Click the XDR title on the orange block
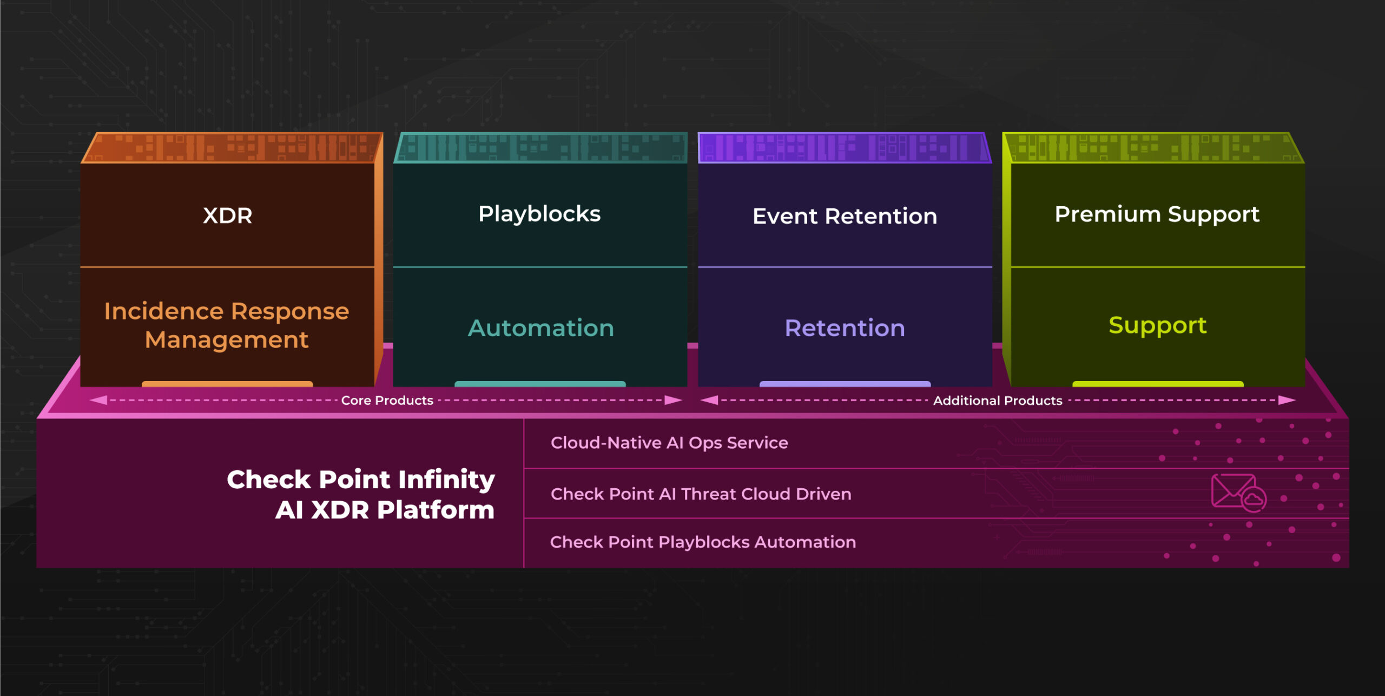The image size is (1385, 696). (x=227, y=215)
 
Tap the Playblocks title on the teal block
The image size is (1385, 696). (x=539, y=214)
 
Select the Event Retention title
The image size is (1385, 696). (x=845, y=216)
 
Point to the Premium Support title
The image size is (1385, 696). (x=1157, y=215)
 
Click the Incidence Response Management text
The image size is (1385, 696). (x=227, y=325)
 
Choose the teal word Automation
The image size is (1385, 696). (x=540, y=328)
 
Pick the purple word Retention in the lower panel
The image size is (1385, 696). (x=845, y=328)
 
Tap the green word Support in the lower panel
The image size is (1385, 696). (x=1157, y=326)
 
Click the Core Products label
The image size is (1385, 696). (x=387, y=400)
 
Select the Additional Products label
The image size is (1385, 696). (x=998, y=400)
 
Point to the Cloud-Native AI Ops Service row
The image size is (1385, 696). (x=669, y=443)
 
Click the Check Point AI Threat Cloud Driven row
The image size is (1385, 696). (x=701, y=494)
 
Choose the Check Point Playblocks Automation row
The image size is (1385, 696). (x=703, y=542)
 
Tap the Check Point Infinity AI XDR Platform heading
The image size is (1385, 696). (x=361, y=495)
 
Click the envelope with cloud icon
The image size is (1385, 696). (x=1238, y=493)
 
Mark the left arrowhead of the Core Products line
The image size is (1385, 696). (x=98, y=400)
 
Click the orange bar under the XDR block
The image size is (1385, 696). (x=227, y=384)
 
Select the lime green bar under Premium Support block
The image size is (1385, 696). (x=1158, y=384)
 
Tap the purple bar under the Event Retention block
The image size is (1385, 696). (x=845, y=384)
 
